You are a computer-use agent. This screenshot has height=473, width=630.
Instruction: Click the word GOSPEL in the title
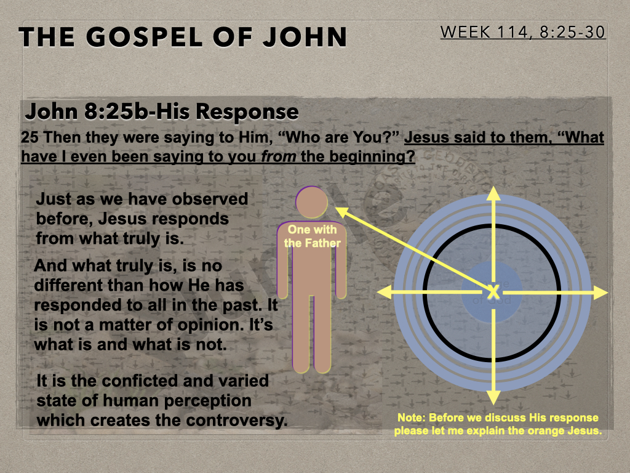pos(145,37)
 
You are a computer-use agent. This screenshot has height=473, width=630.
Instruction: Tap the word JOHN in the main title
pos(305,37)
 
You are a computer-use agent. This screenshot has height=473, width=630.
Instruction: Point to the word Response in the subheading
pos(247,112)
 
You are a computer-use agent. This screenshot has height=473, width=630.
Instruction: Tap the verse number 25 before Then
pos(30,137)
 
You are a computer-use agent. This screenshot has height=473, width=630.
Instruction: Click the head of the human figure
pos(312,201)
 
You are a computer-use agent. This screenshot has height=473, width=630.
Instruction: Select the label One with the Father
pos(312,236)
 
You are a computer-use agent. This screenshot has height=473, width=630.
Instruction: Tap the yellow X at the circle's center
pos(493,291)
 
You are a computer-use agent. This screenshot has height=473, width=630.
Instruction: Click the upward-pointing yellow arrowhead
pos(493,193)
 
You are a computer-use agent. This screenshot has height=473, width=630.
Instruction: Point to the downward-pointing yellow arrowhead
pos(493,397)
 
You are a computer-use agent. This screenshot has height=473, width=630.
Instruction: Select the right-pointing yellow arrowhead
pos(600,293)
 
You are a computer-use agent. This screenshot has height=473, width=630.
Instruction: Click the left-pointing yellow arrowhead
pos(385,293)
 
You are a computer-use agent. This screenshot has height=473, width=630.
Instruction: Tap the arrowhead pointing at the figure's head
pos(341,212)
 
